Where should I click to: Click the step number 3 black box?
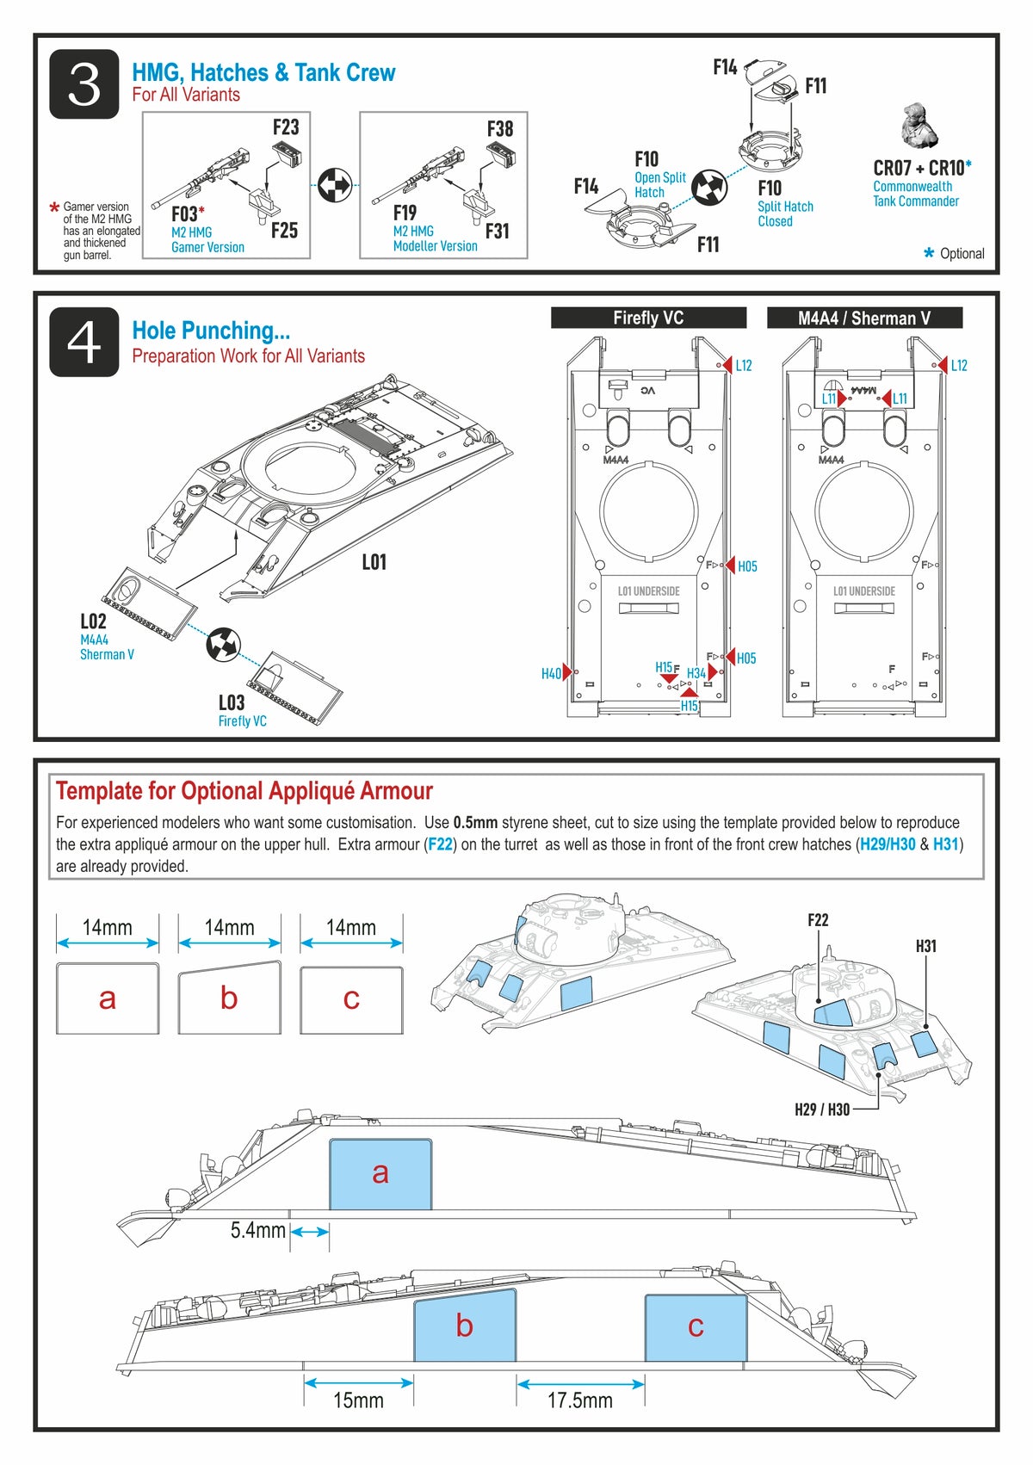point(84,84)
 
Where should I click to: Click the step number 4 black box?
point(84,342)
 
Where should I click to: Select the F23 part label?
point(286,127)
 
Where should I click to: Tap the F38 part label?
point(500,129)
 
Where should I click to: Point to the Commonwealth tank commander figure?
point(919,126)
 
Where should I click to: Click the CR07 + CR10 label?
point(922,168)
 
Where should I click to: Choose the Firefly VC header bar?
point(648,318)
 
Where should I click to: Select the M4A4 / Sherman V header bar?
point(864,318)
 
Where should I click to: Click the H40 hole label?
point(551,674)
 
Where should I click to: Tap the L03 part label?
point(232,702)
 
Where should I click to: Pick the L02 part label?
point(93,621)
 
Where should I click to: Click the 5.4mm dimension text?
point(257,1231)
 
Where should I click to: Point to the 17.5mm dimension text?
point(580,1400)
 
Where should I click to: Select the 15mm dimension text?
point(358,1400)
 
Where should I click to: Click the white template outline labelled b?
point(229,998)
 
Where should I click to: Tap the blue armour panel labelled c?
point(696,1327)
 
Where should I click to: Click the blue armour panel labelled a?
point(380,1173)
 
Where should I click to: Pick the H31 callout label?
point(925,946)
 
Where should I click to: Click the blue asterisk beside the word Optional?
point(929,253)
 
